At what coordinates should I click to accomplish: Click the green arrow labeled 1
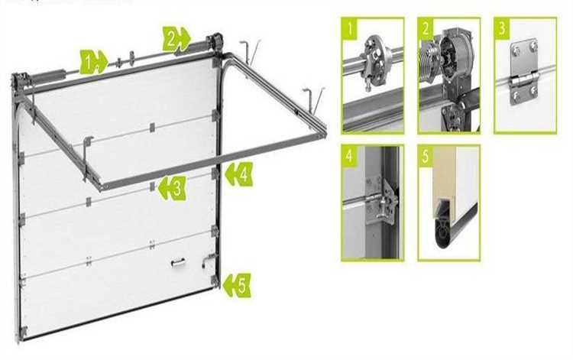click(93, 62)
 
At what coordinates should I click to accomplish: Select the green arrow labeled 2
click(176, 39)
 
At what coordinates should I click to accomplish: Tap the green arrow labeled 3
click(172, 188)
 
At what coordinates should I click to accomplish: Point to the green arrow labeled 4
click(239, 174)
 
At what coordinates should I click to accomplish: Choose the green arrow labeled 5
click(237, 285)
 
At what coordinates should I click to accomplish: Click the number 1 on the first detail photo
click(351, 28)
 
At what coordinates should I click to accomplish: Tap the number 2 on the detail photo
click(426, 28)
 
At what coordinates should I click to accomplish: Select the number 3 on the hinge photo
click(502, 28)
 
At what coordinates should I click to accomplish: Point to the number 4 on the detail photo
click(350, 156)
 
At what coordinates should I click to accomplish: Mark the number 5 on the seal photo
click(426, 157)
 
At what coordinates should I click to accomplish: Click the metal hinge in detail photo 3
click(524, 72)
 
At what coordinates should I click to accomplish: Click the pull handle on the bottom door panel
click(177, 262)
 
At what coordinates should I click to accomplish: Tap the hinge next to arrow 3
click(152, 186)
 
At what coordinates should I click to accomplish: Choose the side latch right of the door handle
click(208, 260)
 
